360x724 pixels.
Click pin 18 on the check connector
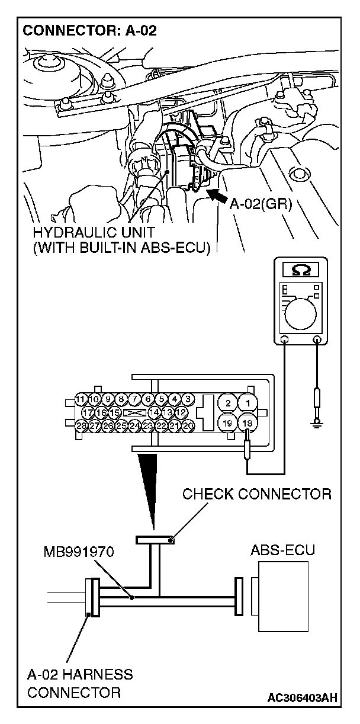(247, 423)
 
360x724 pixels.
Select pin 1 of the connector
(247, 403)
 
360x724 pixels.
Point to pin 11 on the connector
(81, 399)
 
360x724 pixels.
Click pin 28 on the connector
(81, 425)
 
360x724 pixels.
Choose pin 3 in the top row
(188, 399)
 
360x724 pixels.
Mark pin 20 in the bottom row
(188, 425)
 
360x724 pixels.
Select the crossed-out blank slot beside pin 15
(131, 412)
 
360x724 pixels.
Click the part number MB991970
(78, 553)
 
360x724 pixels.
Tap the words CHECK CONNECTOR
(256, 494)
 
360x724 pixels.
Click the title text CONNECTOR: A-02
(89, 31)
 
